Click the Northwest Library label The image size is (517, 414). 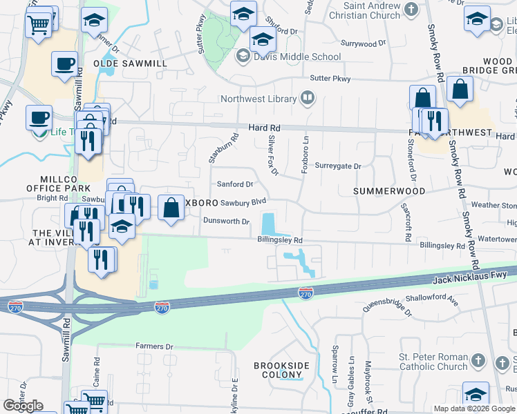pos(258,99)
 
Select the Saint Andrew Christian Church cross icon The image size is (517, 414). pos(412,10)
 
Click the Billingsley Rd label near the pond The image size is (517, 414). pos(280,240)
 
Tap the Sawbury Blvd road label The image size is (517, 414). pos(243,202)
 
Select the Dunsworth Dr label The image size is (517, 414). pos(225,221)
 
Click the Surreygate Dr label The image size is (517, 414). pos(339,166)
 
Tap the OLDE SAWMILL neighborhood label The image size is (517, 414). pos(135,63)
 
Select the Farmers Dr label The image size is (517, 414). pos(154,346)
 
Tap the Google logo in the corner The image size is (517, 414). pos(23,405)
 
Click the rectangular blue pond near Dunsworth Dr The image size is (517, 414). pos(268,224)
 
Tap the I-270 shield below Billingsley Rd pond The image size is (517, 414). pos(305,293)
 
